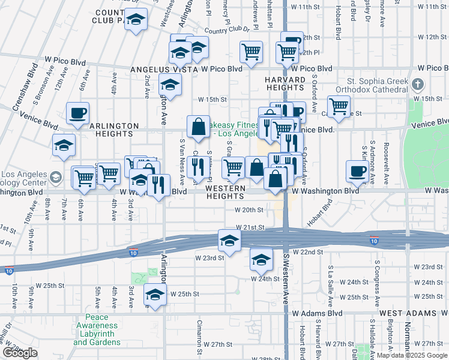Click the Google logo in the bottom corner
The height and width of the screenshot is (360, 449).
pyautogui.click(x=20, y=353)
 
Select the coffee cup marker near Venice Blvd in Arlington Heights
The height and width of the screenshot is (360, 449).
pyautogui.click(x=78, y=113)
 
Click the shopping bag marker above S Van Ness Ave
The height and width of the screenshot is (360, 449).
pyautogui.click(x=198, y=127)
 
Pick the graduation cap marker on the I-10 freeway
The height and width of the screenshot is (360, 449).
pyautogui.click(x=229, y=241)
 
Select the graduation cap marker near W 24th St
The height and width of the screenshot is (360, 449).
pyautogui.click(x=261, y=259)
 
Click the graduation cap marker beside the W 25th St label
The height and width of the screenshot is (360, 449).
pyautogui.click(x=155, y=295)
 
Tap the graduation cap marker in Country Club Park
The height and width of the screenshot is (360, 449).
pyautogui.click(x=136, y=20)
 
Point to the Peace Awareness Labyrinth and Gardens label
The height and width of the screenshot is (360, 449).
pyautogui.click(x=97, y=329)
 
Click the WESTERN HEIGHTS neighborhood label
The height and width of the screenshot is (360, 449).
pyautogui.click(x=225, y=188)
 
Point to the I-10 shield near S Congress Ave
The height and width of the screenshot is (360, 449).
pyautogui.click(x=374, y=241)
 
